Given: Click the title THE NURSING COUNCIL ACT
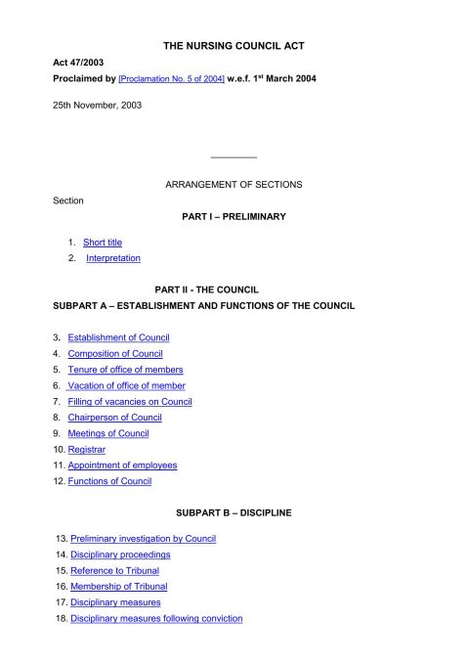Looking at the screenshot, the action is click(234, 46).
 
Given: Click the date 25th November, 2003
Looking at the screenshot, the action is click(97, 105).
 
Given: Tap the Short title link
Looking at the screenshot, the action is click(103, 242).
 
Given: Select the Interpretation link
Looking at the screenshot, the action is click(113, 258).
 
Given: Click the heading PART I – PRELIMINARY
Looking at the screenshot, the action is click(234, 216).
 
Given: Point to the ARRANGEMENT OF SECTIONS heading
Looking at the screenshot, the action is click(234, 184).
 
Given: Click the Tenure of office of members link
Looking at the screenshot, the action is click(125, 370).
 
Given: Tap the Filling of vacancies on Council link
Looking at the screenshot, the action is click(130, 401).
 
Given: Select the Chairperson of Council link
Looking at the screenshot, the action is click(120, 417).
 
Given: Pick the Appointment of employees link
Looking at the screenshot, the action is click(122, 465).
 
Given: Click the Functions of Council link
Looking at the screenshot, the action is click(109, 481).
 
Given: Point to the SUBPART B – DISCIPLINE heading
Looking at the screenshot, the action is click(234, 512).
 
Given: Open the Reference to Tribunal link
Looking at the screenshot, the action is click(114, 570).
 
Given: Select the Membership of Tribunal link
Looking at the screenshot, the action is click(119, 586).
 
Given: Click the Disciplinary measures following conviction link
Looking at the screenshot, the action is click(156, 618).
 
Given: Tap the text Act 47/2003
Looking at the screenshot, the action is click(76, 63).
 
